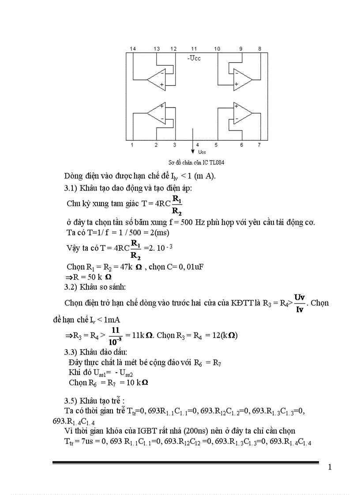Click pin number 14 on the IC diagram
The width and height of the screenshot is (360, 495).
[x=132, y=48]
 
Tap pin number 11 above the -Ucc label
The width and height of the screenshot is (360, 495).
[x=194, y=48]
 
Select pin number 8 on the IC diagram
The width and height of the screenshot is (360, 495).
[x=259, y=48]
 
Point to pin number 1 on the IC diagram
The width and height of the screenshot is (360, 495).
[x=132, y=145]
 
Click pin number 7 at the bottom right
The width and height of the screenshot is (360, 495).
[x=259, y=145]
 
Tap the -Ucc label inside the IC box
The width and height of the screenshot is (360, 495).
[x=194, y=58]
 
